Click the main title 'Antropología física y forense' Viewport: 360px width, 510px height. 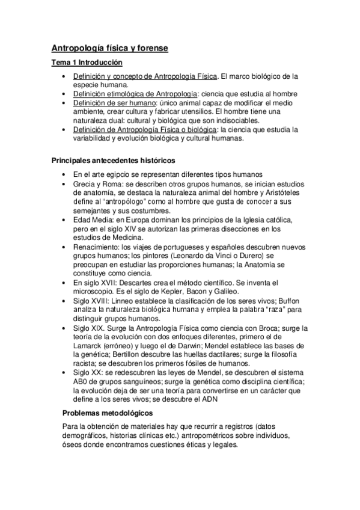tap(109, 48)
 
